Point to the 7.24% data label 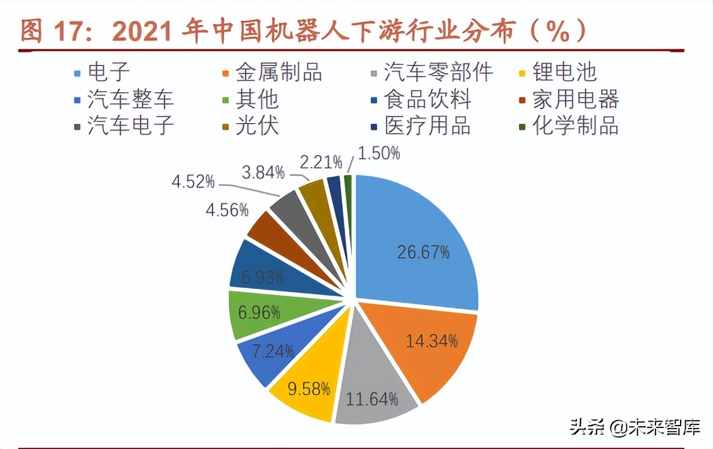click(x=273, y=350)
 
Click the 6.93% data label click(x=263, y=277)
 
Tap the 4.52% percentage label click(x=193, y=182)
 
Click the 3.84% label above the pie click(x=263, y=172)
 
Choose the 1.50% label click(x=379, y=153)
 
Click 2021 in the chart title click(x=143, y=32)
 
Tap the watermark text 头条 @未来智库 click(x=634, y=427)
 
